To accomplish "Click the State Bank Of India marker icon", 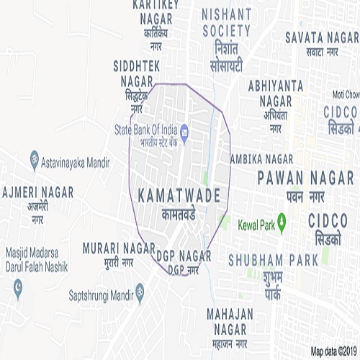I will (x=184, y=130).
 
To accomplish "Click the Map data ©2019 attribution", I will (x=333, y=352).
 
